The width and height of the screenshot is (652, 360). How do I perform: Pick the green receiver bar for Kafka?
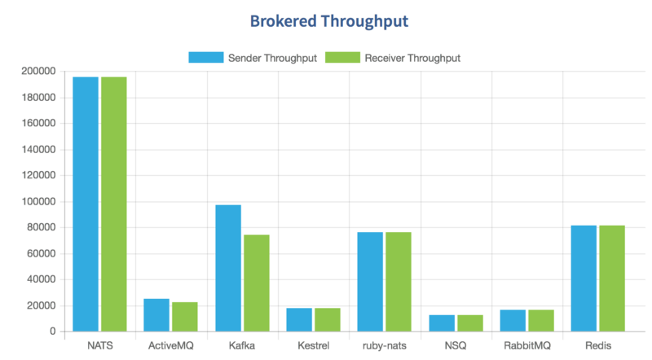tap(257, 283)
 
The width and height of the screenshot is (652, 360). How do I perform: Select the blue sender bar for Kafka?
tap(228, 268)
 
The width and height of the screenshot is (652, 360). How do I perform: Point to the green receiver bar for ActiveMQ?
tap(185, 317)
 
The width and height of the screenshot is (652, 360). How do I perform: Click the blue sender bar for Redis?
tap(584, 279)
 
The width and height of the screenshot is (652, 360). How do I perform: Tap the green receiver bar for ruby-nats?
tap(399, 282)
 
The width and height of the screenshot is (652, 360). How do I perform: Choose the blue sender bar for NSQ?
tap(442, 323)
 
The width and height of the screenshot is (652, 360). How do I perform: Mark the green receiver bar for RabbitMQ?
tap(541, 320)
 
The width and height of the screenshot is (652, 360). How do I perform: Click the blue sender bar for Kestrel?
tap(299, 319)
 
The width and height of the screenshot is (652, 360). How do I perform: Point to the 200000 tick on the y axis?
tap(39, 72)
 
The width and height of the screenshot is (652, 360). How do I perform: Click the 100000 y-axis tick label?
tap(39, 202)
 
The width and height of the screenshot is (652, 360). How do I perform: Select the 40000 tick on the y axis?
tap(42, 279)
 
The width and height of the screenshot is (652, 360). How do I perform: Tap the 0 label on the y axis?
tap(51, 331)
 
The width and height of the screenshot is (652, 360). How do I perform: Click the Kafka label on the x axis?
tap(242, 346)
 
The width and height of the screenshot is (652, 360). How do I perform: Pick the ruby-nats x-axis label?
tap(385, 346)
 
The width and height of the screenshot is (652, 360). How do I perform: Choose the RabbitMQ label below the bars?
tap(527, 346)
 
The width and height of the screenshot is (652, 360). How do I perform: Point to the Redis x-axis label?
tap(598, 346)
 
